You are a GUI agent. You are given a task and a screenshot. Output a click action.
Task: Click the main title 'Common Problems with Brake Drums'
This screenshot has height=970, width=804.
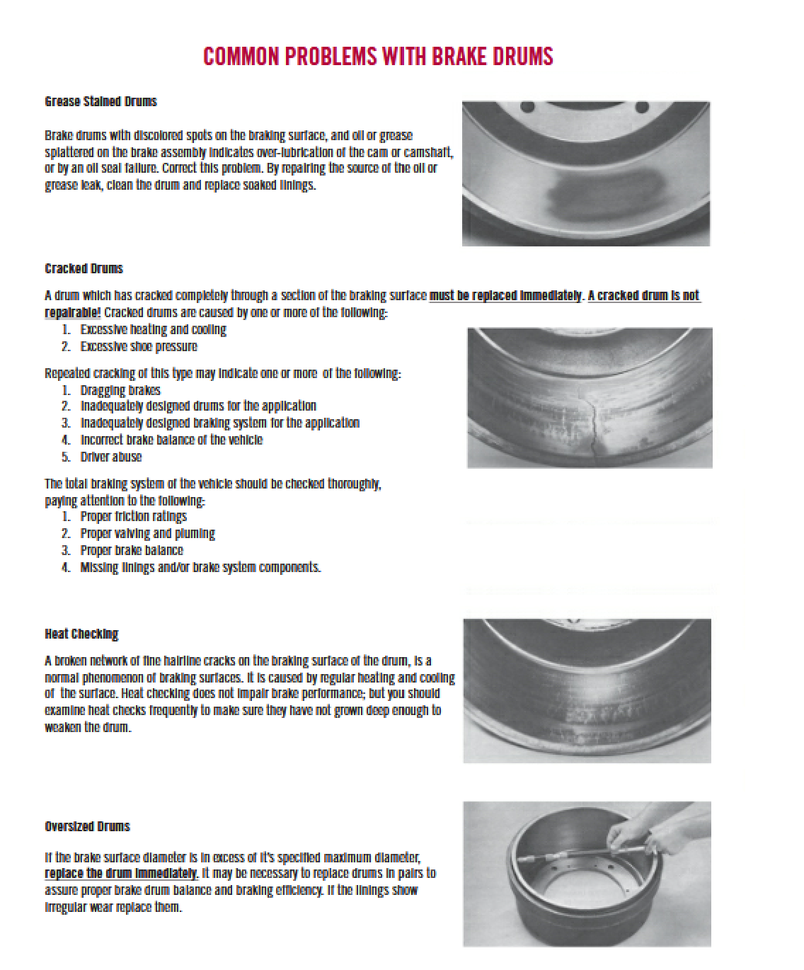click(x=378, y=57)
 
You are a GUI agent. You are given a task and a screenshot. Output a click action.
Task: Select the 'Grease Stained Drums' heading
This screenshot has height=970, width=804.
click(x=100, y=101)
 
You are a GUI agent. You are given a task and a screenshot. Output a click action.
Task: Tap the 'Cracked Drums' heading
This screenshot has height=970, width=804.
click(x=84, y=268)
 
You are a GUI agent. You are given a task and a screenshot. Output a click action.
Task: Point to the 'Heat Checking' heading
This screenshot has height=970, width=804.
click(x=81, y=634)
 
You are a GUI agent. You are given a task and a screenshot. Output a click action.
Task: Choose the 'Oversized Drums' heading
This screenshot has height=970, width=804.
click(x=87, y=826)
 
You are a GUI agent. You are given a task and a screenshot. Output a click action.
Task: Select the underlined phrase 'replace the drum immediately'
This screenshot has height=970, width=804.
click(x=121, y=873)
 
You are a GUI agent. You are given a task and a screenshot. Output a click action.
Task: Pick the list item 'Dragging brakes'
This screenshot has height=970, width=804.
click(x=120, y=390)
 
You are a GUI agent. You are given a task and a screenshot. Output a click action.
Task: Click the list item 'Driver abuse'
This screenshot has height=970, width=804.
click(x=111, y=457)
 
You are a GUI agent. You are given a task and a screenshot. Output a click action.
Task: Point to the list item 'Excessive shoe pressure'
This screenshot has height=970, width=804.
click(x=139, y=346)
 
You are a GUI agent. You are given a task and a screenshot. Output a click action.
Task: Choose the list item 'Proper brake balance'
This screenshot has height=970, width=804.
click(x=132, y=550)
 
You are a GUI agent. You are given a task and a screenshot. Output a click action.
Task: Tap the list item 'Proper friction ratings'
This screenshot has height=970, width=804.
click(x=134, y=516)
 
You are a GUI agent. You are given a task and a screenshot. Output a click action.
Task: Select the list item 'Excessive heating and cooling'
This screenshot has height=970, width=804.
click(x=154, y=329)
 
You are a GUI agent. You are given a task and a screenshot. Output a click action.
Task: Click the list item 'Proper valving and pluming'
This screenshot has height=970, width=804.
click(x=148, y=533)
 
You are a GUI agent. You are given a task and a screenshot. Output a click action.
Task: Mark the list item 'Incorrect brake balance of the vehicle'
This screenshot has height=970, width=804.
click(x=171, y=440)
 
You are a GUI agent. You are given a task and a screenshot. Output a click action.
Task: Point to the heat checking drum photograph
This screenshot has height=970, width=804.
click(x=587, y=690)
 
